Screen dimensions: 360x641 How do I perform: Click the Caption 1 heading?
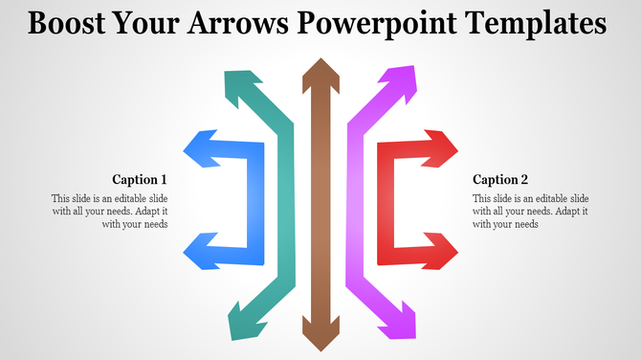[x=140, y=179]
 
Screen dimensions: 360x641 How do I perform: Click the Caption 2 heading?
[x=500, y=179]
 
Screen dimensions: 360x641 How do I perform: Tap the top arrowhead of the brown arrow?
[x=320, y=71]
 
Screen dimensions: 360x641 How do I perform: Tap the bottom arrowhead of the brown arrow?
[x=320, y=334]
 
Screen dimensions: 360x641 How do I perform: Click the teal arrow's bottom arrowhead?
[x=240, y=324]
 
